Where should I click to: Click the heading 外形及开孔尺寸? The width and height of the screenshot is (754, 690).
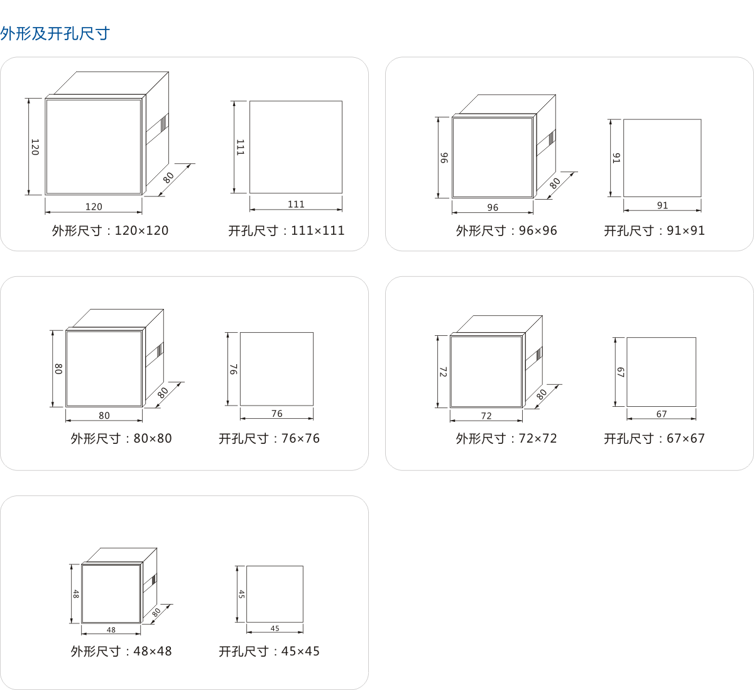coord(55,33)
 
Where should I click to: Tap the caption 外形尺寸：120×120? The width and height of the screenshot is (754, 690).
coord(110,230)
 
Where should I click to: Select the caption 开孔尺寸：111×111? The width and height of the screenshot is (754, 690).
coord(287,230)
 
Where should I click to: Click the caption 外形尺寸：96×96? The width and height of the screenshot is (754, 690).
coord(506,230)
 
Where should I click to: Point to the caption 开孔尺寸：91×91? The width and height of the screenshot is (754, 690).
coord(654,230)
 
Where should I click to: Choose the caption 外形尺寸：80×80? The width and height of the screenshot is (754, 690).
coord(121,438)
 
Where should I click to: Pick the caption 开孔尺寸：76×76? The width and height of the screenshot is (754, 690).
coord(269,438)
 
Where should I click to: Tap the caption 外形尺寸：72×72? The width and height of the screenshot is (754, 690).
coord(506,438)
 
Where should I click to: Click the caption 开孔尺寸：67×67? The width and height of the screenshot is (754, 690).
coord(654,438)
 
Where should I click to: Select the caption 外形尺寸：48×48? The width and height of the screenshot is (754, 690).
coord(121,651)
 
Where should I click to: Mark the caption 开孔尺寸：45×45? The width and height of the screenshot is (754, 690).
coord(269,651)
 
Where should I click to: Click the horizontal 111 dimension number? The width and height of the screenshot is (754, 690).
coord(296,204)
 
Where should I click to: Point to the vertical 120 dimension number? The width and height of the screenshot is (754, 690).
coord(35,147)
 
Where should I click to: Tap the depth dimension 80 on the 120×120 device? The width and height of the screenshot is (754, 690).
coord(168,178)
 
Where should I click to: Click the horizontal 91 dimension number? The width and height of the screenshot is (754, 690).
coord(662,205)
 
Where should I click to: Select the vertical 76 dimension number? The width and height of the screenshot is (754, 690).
coord(233,369)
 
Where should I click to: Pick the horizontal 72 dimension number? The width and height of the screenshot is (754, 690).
coord(486,416)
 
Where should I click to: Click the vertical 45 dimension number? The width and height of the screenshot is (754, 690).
coord(241,594)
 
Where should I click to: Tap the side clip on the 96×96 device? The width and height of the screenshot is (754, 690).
coord(546,142)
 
